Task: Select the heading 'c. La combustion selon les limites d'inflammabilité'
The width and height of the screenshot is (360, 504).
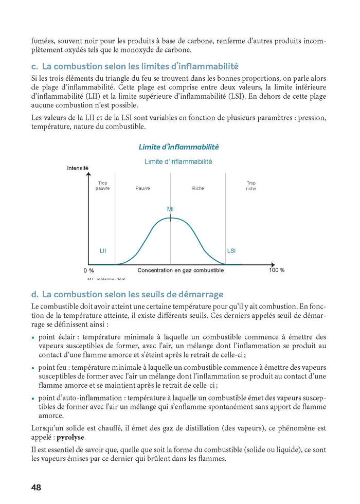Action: (x=135, y=66)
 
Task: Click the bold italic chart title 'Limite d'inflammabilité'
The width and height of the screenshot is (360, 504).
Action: (x=178, y=147)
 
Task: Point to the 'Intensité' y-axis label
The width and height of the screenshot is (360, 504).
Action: (x=78, y=168)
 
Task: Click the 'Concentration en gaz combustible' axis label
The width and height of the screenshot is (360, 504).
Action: (x=181, y=271)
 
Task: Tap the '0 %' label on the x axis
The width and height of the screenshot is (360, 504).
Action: (x=88, y=271)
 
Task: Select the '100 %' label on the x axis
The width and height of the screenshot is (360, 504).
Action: (x=277, y=271)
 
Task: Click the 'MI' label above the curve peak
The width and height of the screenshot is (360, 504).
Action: (x=170, y=209)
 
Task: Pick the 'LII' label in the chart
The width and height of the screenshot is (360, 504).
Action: (x=103, y=250)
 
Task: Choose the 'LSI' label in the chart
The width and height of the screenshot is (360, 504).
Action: (x=231, y=250)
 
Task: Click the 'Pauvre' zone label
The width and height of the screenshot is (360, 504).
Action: (x=142, y=189)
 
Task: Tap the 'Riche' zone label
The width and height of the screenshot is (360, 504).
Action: (x=198, y=189)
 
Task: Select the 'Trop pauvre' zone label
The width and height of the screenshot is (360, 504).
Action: (x=102, y=186)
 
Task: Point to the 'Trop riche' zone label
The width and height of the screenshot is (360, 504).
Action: (x=251, y=186)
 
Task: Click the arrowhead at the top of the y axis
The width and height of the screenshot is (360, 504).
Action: (x=86, y=173)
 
